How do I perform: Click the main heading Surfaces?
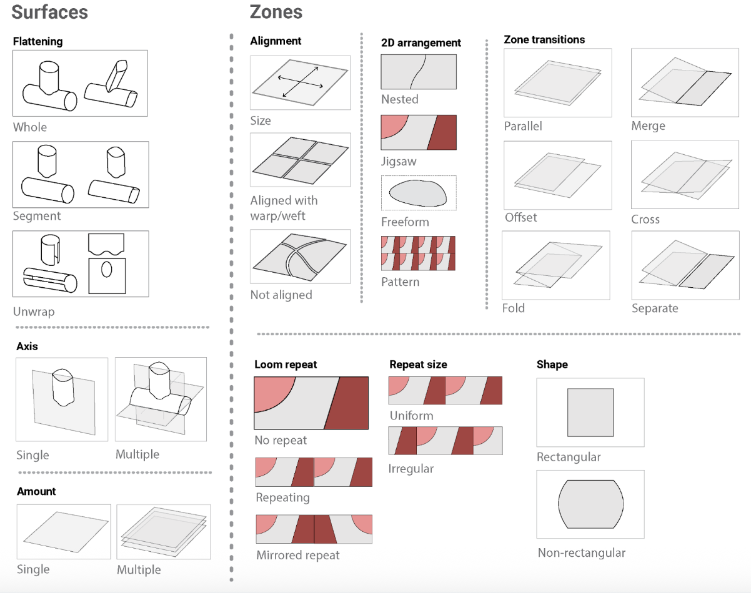tap(49, 12)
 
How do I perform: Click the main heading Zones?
tap(276, 12)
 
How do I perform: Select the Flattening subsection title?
tap(37, 42)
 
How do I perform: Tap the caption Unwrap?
tap(34, 311)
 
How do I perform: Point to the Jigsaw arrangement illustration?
tap(419, 132)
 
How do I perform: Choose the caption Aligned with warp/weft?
tap(284, 207)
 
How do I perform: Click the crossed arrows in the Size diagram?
tap(300, 82)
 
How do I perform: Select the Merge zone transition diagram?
tap(682, 82)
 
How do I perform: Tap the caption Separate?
tap(654, 308)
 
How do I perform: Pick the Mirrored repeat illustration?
tap(314, 529)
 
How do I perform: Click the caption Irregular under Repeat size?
tap(410, 469)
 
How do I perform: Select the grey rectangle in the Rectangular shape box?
tap(590, 413)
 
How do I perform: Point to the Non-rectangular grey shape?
tap(590, 504)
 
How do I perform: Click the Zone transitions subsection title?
tap(544, 40)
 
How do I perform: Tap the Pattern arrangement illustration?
tap(418, 253)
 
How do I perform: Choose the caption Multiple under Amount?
tap(139, 570)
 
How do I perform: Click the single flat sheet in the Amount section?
tap(63, 531)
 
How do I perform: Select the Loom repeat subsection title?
tap(286, 365)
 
